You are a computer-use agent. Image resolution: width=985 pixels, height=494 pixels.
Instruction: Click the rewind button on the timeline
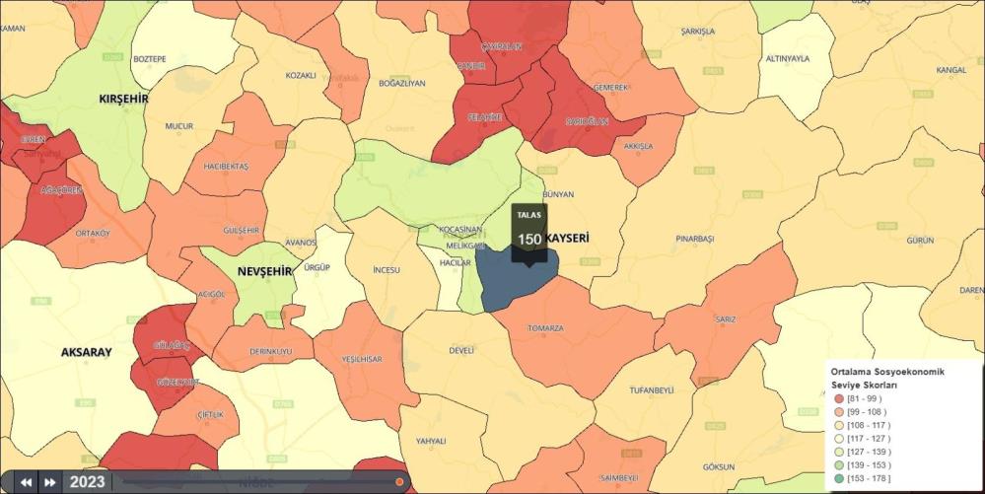[26, 482]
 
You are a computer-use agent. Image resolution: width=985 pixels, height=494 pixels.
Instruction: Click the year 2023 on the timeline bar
[87, 482]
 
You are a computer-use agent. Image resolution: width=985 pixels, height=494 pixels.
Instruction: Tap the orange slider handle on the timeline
[399, 482]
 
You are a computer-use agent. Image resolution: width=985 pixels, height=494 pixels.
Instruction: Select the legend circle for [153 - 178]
[839, 478]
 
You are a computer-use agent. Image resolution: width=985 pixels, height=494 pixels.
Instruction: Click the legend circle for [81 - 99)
[839, 398]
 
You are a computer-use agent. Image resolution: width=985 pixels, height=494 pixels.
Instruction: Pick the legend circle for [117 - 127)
[839, 438]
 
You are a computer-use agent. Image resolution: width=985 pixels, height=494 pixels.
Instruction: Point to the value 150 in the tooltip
[528, 239]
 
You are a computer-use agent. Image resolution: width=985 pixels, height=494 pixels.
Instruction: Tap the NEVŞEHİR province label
[264, 271]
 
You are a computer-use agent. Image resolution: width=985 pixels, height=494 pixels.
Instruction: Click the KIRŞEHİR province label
[123, 100]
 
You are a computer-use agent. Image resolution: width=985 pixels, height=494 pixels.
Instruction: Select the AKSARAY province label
[86, 352]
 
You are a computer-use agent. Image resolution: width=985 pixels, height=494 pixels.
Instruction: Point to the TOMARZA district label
[545, 328]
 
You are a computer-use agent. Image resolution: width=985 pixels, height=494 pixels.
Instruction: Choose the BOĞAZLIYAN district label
[402, 84]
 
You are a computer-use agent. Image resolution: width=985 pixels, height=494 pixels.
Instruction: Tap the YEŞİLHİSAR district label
[362, 359]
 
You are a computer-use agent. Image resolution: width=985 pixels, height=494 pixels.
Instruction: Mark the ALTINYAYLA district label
[787, 58]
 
